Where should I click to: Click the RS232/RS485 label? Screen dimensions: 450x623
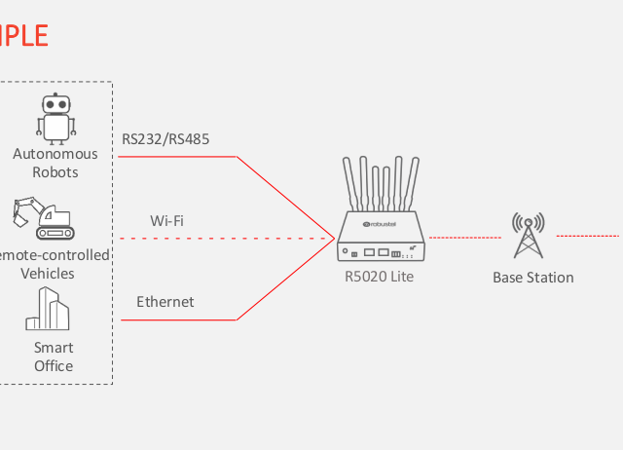(165, 138)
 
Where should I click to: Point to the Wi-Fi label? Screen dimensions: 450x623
(167, 220)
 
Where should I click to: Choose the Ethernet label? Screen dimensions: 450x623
(165, 302)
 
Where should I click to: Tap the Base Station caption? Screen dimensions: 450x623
(532, 278)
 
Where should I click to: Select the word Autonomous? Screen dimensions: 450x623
(55, 154)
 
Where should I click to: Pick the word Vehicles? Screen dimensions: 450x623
(49, 274)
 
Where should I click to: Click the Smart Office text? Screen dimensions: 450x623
(54, 356)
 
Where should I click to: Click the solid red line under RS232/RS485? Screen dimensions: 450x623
(180, 157)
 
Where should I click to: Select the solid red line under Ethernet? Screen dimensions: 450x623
(180, 319)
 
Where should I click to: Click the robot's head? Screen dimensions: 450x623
(55, 104)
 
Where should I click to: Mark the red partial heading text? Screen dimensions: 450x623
(23, 36)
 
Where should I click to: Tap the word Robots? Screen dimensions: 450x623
(55, 172)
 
